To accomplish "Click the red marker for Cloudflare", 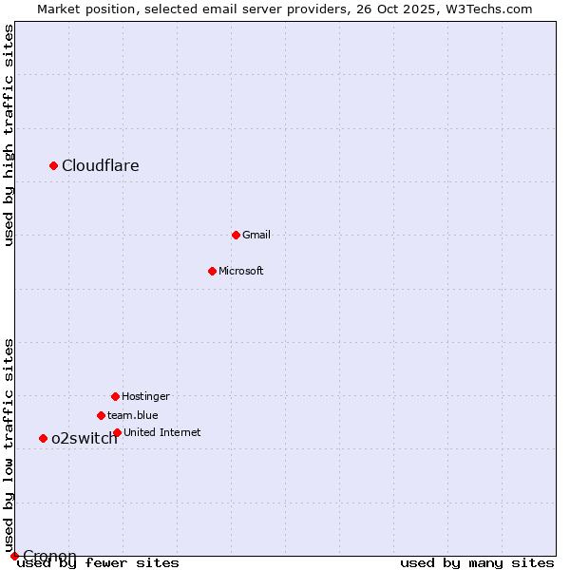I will (54, 166).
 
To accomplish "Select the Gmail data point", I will (237, 235).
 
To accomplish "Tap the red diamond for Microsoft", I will (213, 271).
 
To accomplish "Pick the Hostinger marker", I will (115, 396).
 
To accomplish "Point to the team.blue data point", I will (101, 415).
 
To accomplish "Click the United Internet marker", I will (117, 432).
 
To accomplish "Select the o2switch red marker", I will (43, 438).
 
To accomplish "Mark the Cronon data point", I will (14, 556).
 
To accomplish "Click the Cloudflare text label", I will (101, 166).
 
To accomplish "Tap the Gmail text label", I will (256, 235).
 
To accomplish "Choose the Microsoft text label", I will (241, 271).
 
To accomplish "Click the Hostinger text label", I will (145, 396).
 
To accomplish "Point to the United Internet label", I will (162, 432).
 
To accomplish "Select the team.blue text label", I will (133, 415).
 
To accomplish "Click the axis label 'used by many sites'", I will (477, 562).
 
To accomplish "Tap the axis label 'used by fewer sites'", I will (99, 562).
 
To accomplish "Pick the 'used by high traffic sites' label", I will (9, 135).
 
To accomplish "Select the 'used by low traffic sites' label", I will (9, 445).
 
